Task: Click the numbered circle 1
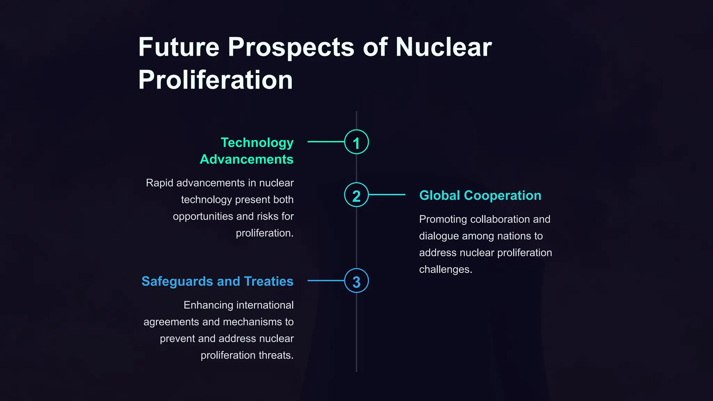356,142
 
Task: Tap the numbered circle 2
356,195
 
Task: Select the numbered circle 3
356,281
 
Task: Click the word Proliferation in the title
216,80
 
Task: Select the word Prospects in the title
291,48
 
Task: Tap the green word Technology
257,143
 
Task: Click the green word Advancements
246,159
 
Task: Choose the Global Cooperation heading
480,196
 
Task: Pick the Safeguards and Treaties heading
217,281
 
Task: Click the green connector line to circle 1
326,142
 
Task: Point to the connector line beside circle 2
387,195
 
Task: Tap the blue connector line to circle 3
326,281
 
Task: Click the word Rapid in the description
159,183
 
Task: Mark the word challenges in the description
445,270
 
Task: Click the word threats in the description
276,355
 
